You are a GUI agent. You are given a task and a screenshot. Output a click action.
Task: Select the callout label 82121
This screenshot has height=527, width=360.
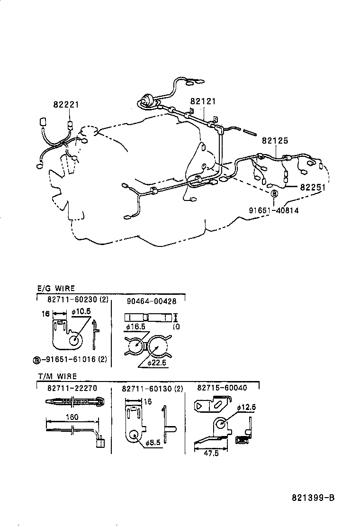pyautogui.click(x=203, y=101)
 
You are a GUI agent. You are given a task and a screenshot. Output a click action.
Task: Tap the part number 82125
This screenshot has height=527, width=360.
pyautogui.click(x=275, y=141)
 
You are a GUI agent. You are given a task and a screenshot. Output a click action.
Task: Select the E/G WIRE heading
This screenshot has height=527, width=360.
pyautogui.click(x=56, y=288)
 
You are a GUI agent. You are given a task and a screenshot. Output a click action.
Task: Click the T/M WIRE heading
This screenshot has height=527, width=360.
pyautogui.click(x=57, y=376)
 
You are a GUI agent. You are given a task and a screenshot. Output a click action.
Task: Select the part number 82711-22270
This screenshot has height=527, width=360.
pyautogui.click(x=72, y=388)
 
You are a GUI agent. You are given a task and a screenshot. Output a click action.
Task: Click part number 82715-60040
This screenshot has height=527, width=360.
pyautogui.click(x=222, y=388)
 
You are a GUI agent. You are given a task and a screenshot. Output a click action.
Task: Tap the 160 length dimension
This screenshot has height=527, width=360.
pyautogui.click(x=72, y=418)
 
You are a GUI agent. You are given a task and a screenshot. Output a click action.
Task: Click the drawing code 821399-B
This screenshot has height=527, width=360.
pyautogui.click(x=313, y=498)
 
